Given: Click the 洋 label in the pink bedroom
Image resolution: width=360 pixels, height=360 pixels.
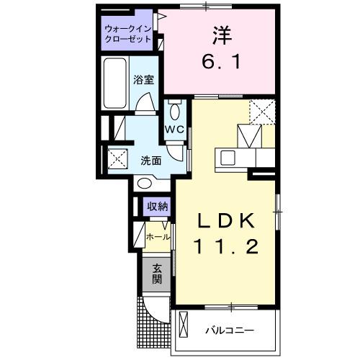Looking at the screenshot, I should tap(220, 35).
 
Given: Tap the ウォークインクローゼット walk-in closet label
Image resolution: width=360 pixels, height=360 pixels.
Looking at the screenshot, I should tap(127, 34).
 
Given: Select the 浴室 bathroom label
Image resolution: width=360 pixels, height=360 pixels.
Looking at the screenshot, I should tap(143, 81).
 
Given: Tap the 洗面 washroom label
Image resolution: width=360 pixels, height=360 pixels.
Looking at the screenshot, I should tap(150, 161).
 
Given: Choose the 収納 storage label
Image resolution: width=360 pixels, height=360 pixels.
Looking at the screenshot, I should tap(158, 206).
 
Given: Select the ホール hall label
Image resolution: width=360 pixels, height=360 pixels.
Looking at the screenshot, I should tap(158, 237).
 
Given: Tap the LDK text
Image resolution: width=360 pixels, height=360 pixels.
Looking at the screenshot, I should tap(226, 220).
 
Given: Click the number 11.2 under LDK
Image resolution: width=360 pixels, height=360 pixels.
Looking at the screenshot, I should tap(226, 247).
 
